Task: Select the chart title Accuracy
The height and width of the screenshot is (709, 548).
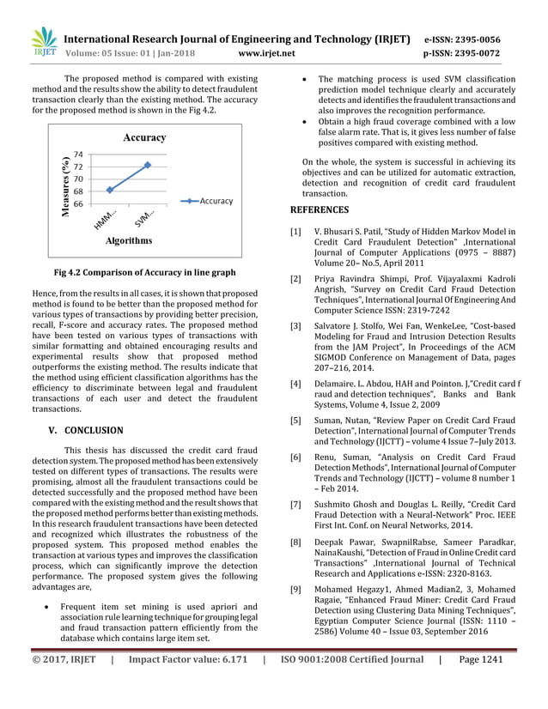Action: tap(143, 137)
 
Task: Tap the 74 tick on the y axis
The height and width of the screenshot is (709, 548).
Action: tap(79, 154)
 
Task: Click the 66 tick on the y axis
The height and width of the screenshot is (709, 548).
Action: tap(79, 203)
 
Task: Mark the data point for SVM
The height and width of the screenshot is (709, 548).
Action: tap(148, 165)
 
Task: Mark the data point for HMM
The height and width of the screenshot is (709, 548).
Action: tap(109, 190)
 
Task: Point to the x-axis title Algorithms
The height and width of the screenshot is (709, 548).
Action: tap(129, 241)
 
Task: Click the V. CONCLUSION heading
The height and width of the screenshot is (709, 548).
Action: tap(85, 430)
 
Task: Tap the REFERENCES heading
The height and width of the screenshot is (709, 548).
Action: tap(320, 209)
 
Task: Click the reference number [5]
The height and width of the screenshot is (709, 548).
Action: tap(295, 421)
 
